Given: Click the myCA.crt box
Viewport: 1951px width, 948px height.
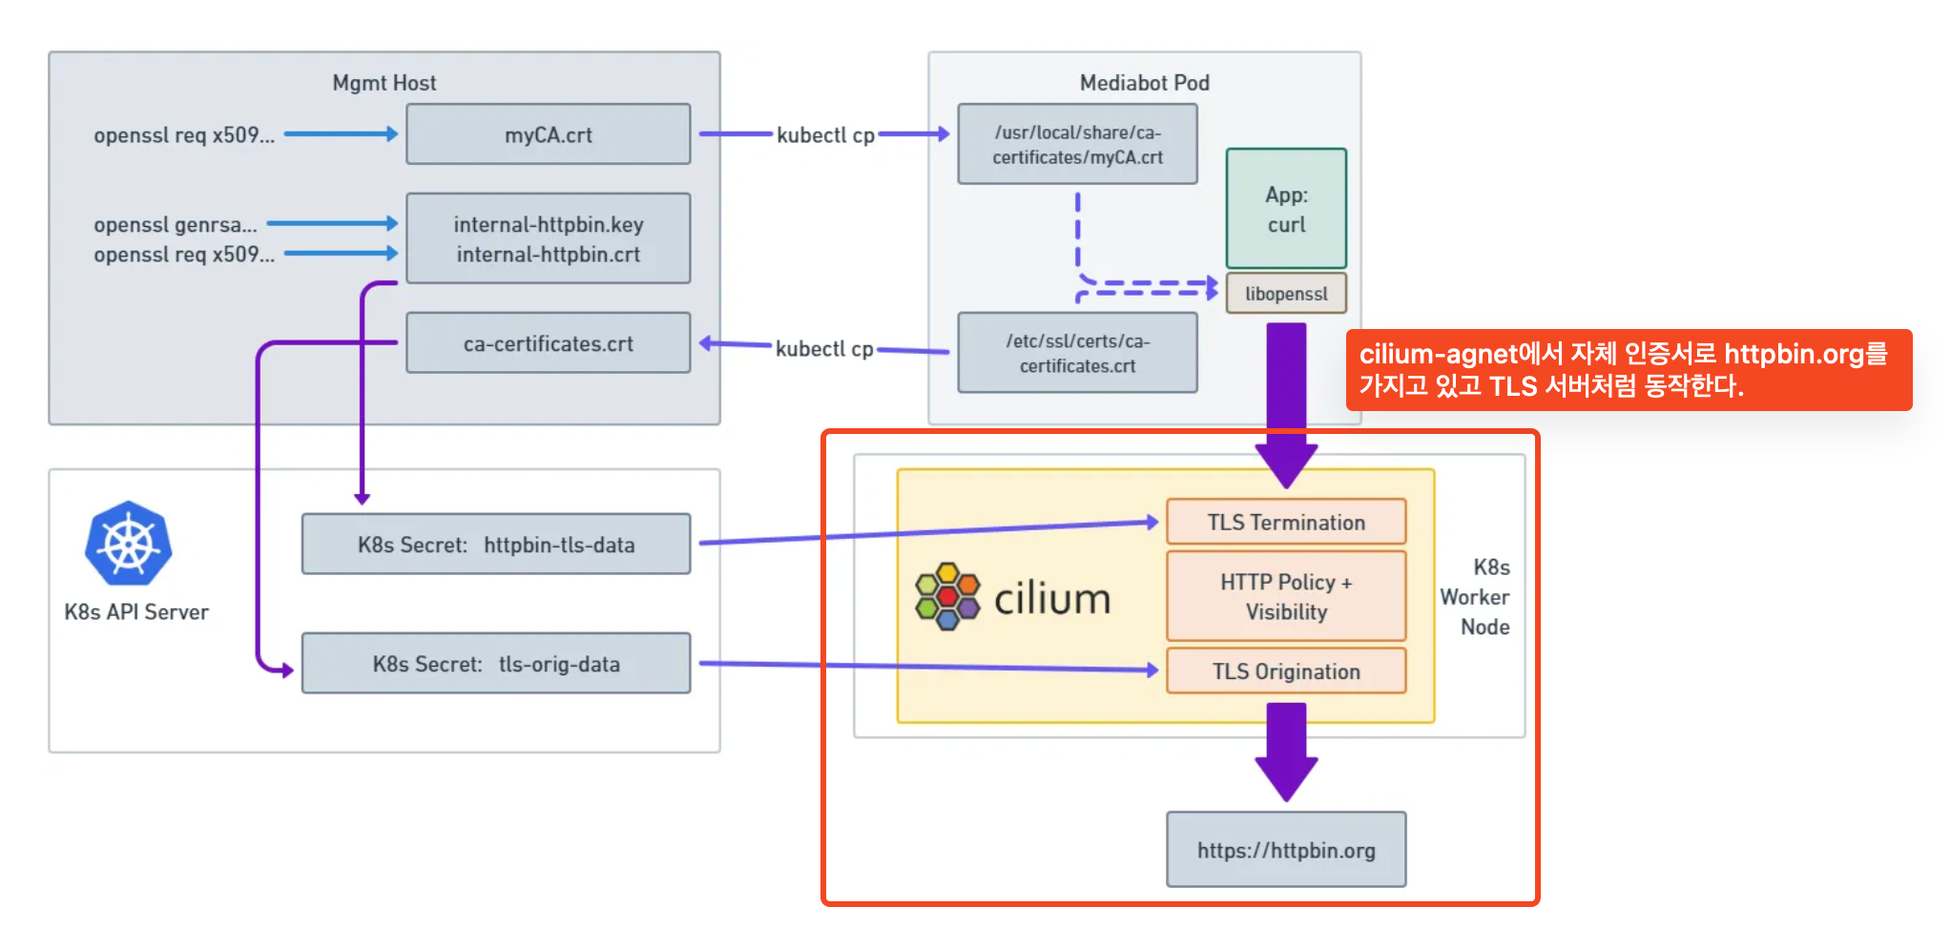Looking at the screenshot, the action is (x=549, y=134).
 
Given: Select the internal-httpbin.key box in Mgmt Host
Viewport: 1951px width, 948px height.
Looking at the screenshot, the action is (x=549, y=238).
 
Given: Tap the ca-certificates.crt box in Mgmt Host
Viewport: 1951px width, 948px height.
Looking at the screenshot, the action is (x=549, y=343).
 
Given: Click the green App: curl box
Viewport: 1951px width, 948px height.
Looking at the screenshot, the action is (x=1286, y=209).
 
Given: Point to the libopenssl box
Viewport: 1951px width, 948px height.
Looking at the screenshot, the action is (x=1286, y=294).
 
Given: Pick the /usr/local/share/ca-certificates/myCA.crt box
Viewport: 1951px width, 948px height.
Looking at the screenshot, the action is (x=1078, y=144).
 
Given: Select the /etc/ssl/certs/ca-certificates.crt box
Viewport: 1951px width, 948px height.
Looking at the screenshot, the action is (x=1078, y=353).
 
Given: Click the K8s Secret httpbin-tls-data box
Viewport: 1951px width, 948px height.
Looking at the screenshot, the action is (x=496, y=545).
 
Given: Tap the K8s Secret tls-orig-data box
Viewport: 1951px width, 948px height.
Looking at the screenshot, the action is (x=496, y=664).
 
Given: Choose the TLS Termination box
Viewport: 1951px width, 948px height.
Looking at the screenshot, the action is (x=1286, y=522).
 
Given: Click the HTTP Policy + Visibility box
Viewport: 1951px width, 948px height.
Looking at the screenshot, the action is (x=1286, y=596).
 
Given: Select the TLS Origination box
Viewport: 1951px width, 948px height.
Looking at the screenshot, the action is (x=1286, y=671).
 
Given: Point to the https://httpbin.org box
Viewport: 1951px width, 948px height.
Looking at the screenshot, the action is (x=1286, y=850).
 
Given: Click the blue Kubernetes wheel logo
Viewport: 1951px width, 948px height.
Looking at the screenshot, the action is (x=129, y=544).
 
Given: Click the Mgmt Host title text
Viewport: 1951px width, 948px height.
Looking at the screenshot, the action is (x=384, y=83).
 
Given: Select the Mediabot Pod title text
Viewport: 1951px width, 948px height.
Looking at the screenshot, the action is (x=1145, y=83).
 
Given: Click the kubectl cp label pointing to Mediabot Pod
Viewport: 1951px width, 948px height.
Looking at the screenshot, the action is (x=826, y=134).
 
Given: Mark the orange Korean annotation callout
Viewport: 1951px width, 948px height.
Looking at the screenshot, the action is (x=1629, y=370).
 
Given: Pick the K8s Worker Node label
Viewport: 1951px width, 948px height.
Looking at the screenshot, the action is (x=1475, y=597).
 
